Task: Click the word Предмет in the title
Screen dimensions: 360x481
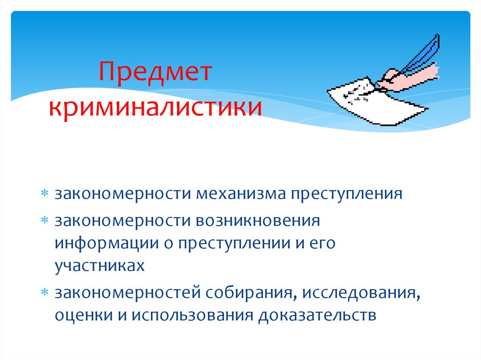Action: pyautogui.click(x=155, y=75)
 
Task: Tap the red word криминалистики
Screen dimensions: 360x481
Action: pyautogui.click(x=155, y=107)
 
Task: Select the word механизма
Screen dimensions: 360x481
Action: pyautogui.click(x=243, y=194)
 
